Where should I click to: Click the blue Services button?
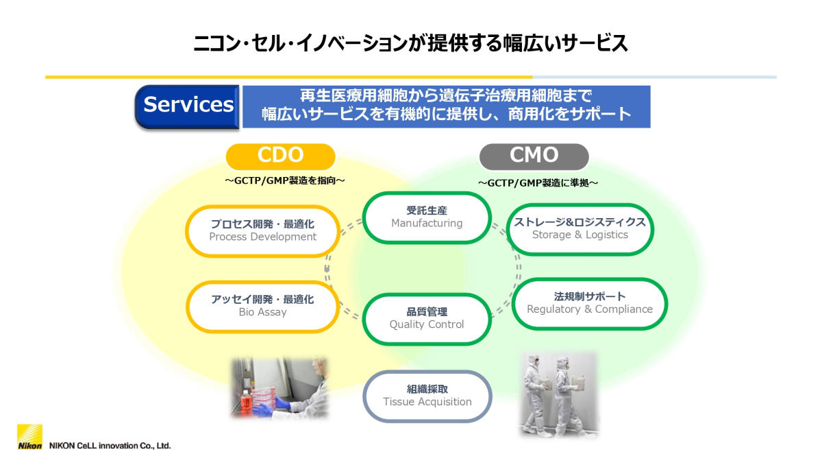pos(187,106)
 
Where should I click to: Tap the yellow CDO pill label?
pos(280,156)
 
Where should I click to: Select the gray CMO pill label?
pos(534,156)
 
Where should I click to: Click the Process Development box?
pos(263,230)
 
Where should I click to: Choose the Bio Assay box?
pos(263,306)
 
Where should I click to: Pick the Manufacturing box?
pos(427,217)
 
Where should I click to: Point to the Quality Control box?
pos(427,318)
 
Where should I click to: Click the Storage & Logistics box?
pos(580,228)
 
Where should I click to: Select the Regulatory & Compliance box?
pos(589,303)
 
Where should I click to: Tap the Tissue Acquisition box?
pos(427,396)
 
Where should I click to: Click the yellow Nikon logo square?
pos(29,437)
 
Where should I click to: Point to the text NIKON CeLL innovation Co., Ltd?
pos(110,445)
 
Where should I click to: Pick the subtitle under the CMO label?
pos(538,183)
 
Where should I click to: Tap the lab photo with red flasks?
pos(279,388)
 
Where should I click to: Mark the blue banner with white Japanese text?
pos(446,106)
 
